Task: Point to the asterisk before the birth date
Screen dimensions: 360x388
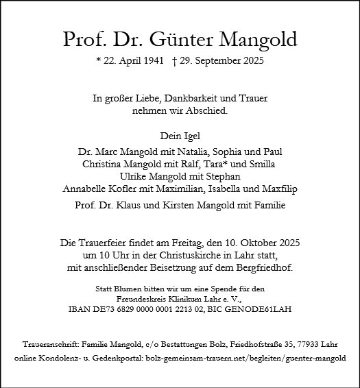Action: (99, 60)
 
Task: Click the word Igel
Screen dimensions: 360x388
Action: (190, 135)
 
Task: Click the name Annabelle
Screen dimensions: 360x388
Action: (85, 189)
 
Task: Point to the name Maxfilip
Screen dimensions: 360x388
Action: (278, 189)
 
